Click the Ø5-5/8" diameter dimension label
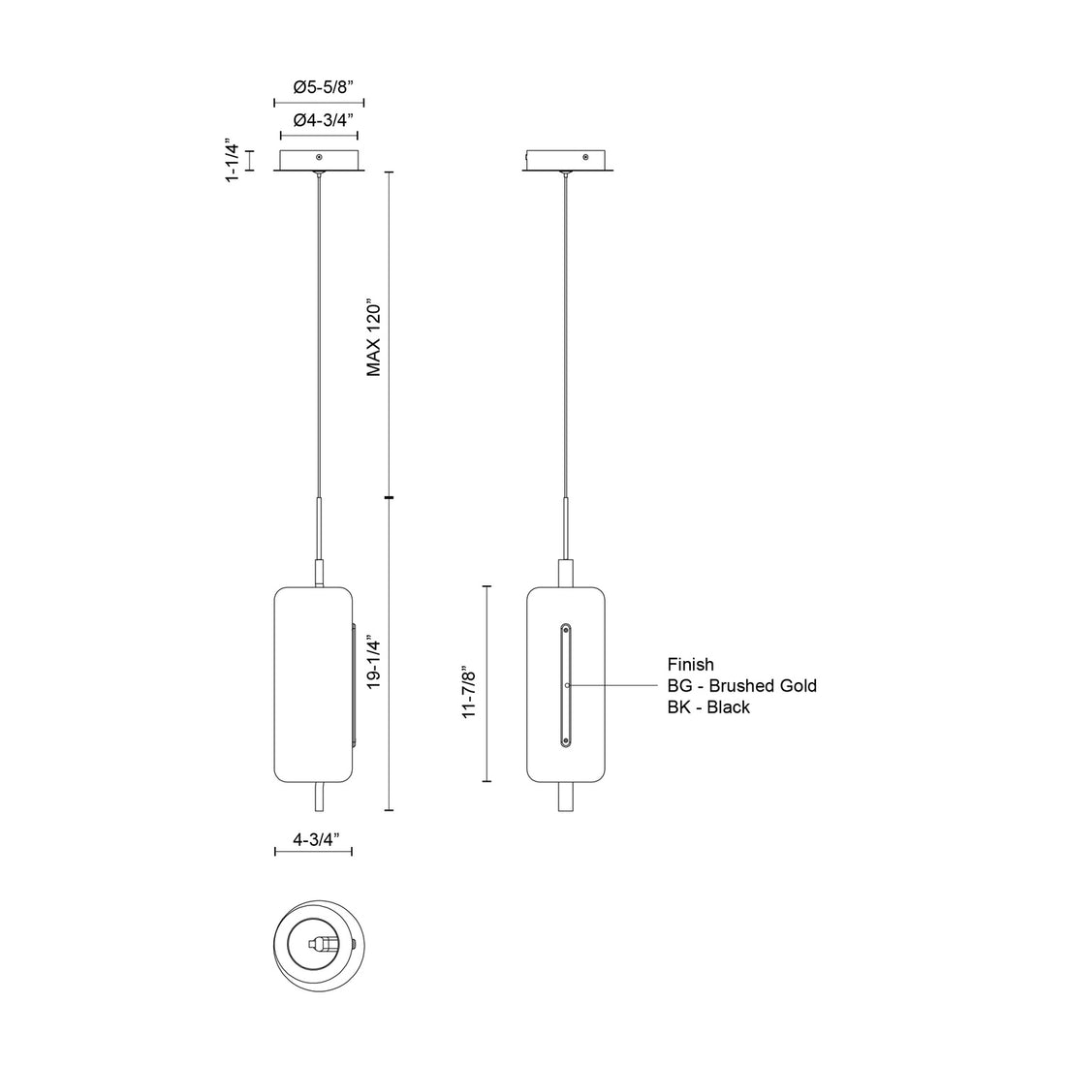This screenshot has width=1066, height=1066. (324, 87)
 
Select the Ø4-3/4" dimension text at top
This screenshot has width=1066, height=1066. (324, 120)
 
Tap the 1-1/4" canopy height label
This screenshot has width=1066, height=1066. (233, 161)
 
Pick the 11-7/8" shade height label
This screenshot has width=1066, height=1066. (472, 691)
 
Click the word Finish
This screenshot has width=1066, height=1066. (690, 665)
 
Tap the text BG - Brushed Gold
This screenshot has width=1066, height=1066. (741, 686)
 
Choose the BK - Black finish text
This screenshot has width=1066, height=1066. (707, 707)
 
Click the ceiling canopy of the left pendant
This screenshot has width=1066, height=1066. (319, 162)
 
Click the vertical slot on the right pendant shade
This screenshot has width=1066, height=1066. (565, 686)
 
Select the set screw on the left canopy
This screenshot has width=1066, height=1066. (319, 156)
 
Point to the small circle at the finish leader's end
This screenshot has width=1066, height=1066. (567, 686)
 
